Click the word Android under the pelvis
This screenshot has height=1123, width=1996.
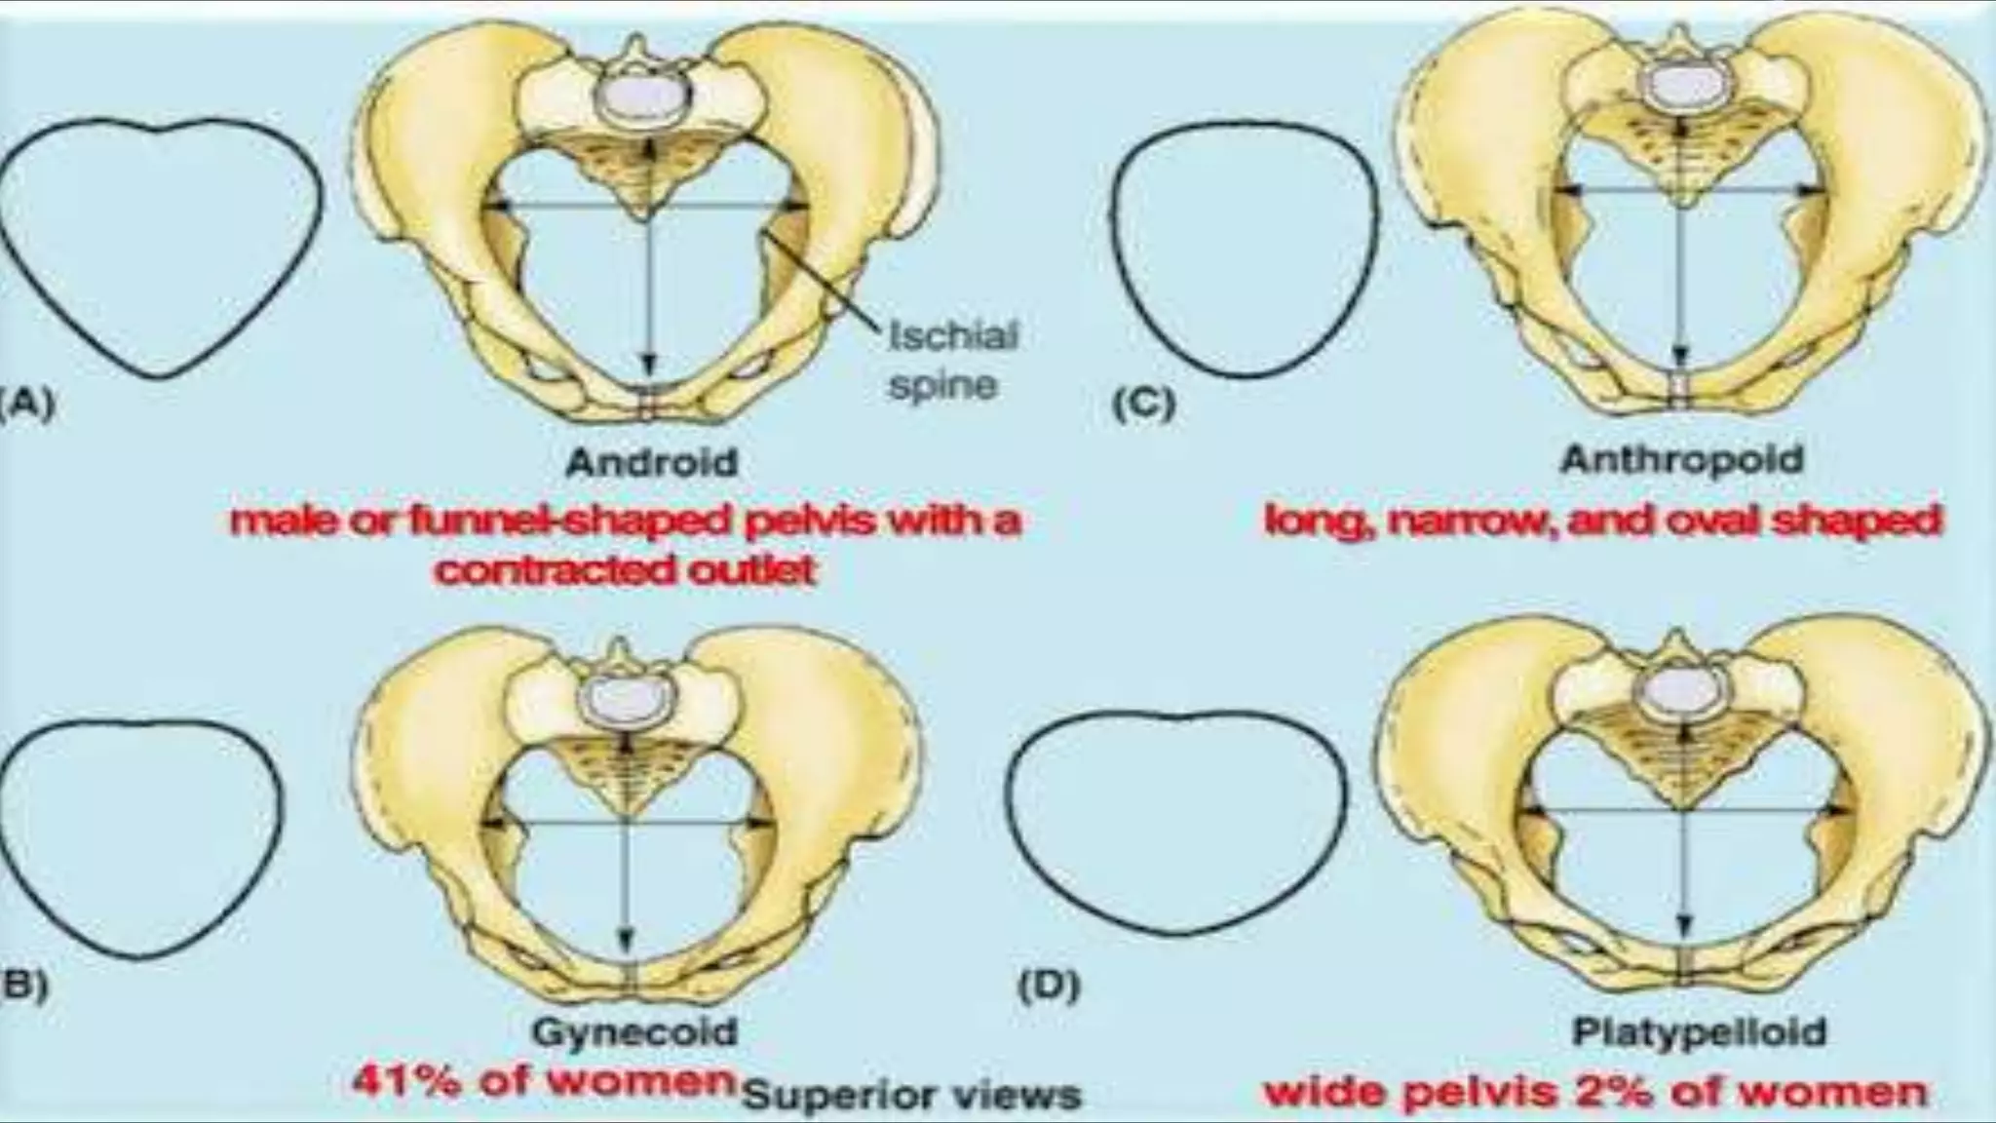(651, 461)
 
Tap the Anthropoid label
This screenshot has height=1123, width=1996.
(1681, 458)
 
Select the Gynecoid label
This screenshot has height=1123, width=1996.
(633, 1031)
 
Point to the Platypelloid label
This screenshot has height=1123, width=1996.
(1700, 1031)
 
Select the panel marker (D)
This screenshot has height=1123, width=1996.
(1048, 987)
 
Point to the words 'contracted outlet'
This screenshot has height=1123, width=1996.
(625, 569)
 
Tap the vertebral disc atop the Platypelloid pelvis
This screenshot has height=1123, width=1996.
(1679, 694)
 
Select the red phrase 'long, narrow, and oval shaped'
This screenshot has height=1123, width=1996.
(1602, 521)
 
